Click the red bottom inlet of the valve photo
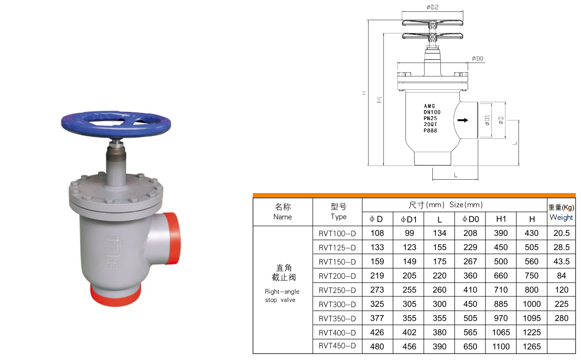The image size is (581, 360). [115, 295]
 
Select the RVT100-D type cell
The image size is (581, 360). [337, 233]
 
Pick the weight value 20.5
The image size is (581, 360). [561, 233]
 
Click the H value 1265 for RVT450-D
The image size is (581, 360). [532, 347]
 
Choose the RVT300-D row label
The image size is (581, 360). [337, 304]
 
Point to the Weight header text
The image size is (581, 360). [561, 217]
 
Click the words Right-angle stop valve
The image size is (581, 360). [282, 295]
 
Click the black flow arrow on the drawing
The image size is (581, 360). [462, 120]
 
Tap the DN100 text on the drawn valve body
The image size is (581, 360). [432, 112]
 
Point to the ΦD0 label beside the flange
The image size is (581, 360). [477, 59]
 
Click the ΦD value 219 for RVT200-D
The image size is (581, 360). [377, 276]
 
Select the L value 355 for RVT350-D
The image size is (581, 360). [439, 318]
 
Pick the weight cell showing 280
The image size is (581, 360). [561, 318]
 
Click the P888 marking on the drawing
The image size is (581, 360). [431, 131]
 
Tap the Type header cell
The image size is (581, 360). [338, 212]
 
